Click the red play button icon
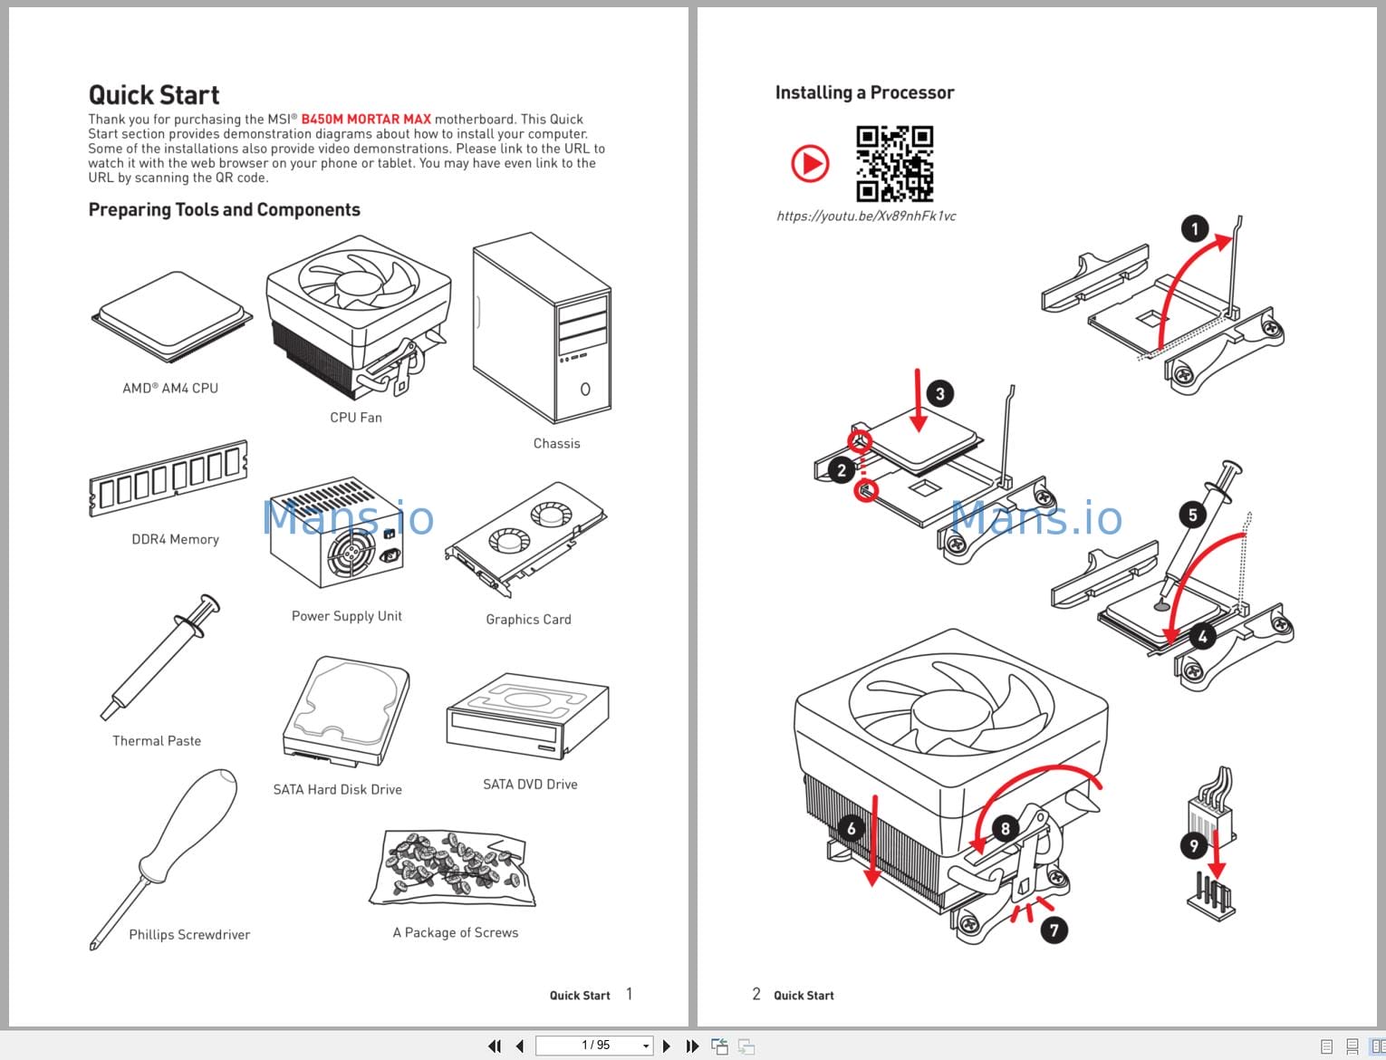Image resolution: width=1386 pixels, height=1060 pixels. [x=810, y=164]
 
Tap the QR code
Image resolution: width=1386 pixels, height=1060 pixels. [x=894, y=163]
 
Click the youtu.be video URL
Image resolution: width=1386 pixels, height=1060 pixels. [x=866, y=217]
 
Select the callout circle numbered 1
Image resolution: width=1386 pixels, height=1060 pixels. [x=1195, y=228]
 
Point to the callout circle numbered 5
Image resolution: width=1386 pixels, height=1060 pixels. [x=1192, y=515]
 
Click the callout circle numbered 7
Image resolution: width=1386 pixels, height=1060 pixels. [x=1054, y=930]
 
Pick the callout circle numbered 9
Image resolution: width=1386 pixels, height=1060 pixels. [x=1194, y=845]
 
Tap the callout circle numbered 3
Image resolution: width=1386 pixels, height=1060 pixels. [x=939, y=393]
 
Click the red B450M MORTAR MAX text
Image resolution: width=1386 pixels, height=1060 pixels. [x=366, y=120]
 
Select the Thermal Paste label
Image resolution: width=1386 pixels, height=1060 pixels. [x=157, y=741]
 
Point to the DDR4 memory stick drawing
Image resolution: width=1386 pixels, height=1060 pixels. [x=168, y=479]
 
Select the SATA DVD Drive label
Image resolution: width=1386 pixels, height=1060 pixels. [x=530, y=785]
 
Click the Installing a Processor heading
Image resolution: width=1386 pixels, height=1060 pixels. [x=864, y=92]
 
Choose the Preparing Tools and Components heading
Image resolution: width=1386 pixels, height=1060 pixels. [x=224, y=210]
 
